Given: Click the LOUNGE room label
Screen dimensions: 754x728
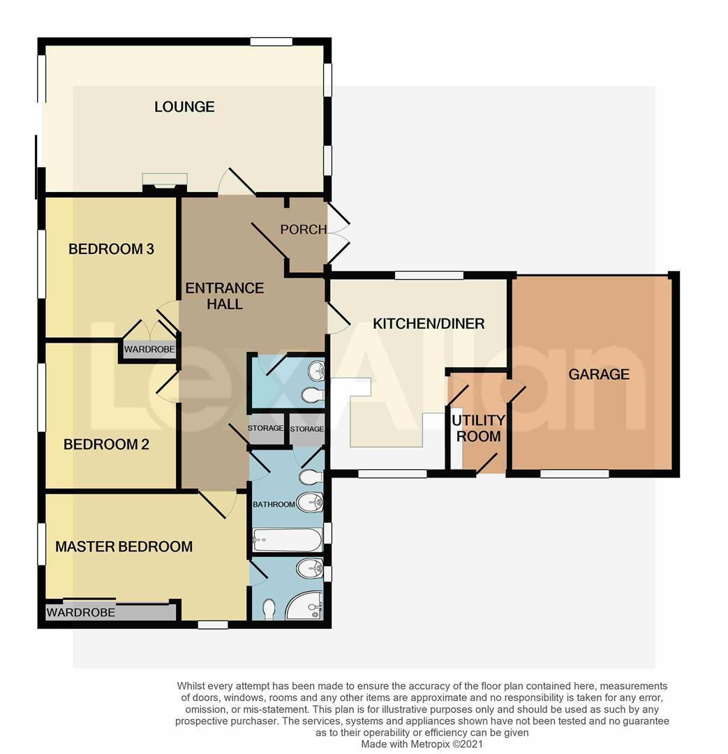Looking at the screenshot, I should click(x=184, y=107).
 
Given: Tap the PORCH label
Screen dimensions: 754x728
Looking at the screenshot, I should click(x=303, y=229).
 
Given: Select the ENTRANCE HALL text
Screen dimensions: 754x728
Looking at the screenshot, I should click(x=224, y=296).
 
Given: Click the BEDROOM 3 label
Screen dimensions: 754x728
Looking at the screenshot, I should click(x=111, y=249).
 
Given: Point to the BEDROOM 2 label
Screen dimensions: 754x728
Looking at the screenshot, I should click(x=106, y=444).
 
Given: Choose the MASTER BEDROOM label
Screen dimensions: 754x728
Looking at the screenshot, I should click(x=124, y=547).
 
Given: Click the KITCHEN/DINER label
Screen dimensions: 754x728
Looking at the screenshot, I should click(x=429, y=324).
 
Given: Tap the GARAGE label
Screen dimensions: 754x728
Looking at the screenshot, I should click(x=599, y=374).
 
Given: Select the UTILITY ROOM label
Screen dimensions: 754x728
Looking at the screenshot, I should click(x=478, y=429).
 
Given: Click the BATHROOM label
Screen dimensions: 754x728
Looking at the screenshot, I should click(x=273, y=504).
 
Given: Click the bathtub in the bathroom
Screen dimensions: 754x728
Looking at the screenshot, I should click(x=287, y=540).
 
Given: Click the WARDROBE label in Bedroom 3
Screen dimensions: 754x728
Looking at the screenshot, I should click(x=149, y=349).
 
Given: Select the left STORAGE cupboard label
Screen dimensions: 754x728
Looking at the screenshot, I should click(x=265, y=429).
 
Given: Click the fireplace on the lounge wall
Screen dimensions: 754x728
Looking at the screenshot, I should click(x=165, y=182).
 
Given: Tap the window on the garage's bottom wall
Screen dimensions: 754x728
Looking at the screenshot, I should click(x=574, y=474).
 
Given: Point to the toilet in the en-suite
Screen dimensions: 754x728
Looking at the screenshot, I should click(x=269, y=609).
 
